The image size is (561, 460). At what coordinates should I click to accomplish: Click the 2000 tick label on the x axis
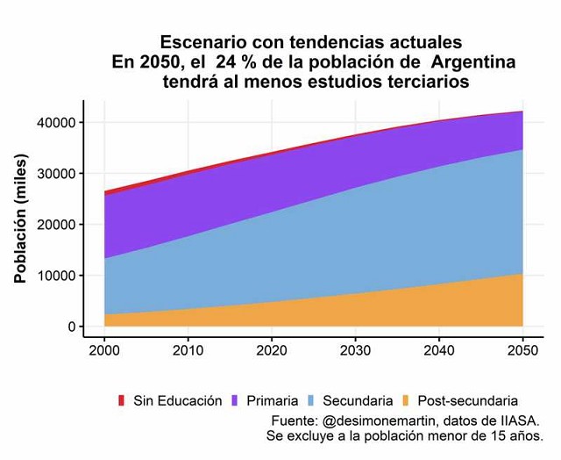(x=104, y=350)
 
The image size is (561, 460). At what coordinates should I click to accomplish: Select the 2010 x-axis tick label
(x=188, y=350)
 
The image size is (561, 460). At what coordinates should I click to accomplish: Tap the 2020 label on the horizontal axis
(x=272, y=350)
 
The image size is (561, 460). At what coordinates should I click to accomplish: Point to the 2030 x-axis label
(x=355, y=350)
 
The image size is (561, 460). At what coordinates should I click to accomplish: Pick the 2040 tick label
(x=438, y=350)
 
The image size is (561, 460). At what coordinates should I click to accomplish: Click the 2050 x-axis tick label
(x=522, y=350)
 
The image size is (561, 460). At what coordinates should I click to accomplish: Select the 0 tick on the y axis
(x=72, y=327)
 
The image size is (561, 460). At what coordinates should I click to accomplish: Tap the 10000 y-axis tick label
(x=55, y=276)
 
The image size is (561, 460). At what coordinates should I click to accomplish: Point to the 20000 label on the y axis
(x=55, y=225)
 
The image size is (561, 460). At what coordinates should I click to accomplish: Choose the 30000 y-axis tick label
(x=55, y=174)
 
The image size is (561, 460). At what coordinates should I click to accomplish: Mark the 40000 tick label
(x=55, y=123)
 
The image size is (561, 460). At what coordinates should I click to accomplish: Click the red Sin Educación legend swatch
(x=122, y=400)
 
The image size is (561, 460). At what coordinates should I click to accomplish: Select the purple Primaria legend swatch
(x=234, y=400)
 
